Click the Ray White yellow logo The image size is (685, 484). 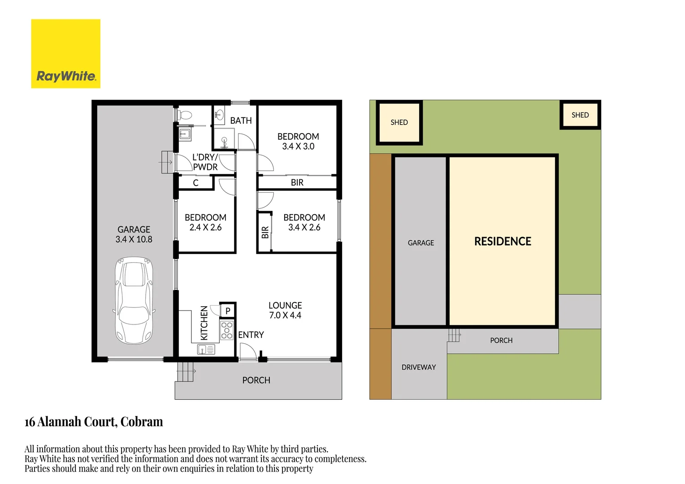[65, 53]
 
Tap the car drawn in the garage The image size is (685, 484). [134, 300]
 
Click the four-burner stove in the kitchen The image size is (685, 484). [227, 330]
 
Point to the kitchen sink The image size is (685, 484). [206, 350]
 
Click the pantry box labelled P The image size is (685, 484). [228, 311]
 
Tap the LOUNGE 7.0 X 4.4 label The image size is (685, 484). [285, 310]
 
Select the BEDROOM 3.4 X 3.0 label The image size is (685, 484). [298, 141]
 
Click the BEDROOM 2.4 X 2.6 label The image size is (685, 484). [205, 222]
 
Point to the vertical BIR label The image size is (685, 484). [265, 232]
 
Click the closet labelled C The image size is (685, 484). [195, 183]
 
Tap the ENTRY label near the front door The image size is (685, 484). [251, 335]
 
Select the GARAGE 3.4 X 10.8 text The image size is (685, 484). [134, 234]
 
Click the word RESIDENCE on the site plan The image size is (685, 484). [503, 242]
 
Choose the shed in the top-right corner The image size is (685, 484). [580, 115]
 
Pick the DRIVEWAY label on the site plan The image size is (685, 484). [419, 367]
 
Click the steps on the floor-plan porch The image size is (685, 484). [186, 372]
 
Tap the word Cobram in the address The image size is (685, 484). [142, 422]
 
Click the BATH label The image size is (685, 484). [241, 121]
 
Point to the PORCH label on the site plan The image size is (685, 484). [501, 341]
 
